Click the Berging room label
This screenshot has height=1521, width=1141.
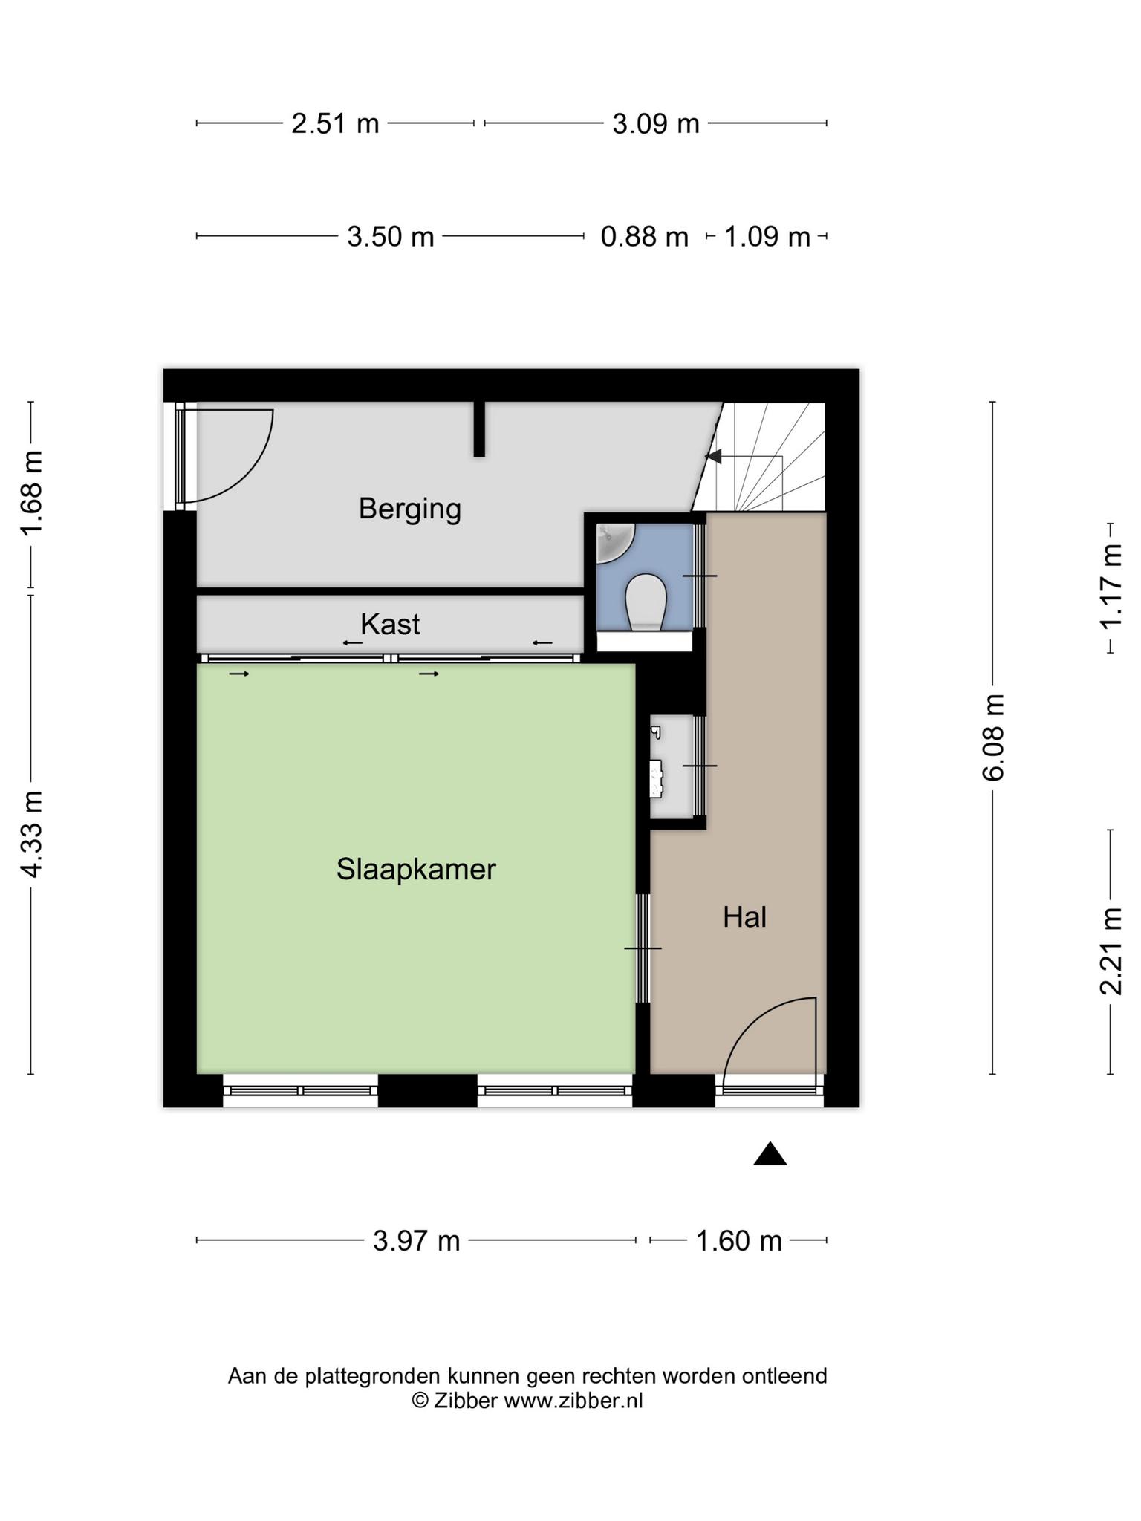(x=410, y=509)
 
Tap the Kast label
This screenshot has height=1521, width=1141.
(x=390, y=625)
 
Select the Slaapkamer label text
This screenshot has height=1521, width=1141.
(x=416, y=869)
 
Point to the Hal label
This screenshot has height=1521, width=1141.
(x=745, y=917)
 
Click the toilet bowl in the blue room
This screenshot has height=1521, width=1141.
(x=645, y=601)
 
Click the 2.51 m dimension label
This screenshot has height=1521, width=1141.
(x=335, y=123)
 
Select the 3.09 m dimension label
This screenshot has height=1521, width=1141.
(x=656, y=123)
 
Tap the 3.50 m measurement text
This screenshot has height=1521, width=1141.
(x=391, y=237)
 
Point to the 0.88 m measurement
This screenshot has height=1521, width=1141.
(x=645, y=237)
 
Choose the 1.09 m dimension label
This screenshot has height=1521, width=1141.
(x=767, y=237)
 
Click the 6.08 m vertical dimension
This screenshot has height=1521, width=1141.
(x=994, y=737)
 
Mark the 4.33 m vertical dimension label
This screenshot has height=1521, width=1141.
(x=33, y=834)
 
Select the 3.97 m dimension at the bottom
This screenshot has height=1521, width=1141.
(x=417, y=1240)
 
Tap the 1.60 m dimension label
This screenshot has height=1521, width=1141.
(x=739, y=1240)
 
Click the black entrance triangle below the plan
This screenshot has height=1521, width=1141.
(x=770, y=1155)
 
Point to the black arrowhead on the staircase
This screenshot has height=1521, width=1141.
(x=714, y=456)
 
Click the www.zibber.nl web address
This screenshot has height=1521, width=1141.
(x=573, y=1401)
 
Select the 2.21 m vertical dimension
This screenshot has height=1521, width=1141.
(x=1111, y=951)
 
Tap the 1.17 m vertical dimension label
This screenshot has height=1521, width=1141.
(x=1111, y=587)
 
